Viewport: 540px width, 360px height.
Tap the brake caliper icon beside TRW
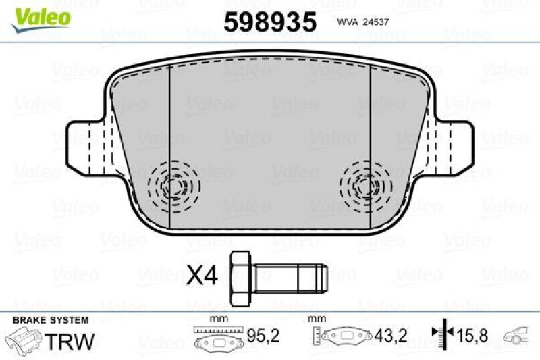click(24, 339)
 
